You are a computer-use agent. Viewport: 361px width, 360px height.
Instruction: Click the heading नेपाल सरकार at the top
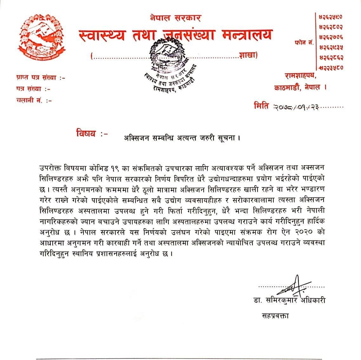point(175,18)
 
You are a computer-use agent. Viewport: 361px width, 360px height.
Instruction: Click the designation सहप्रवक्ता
point(275,316)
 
